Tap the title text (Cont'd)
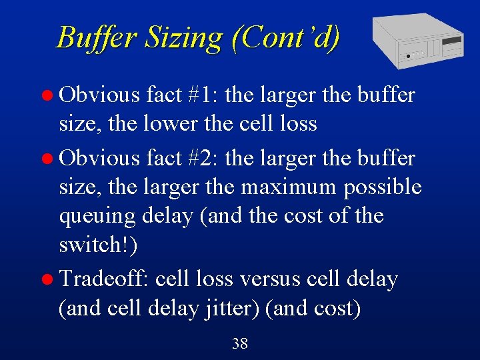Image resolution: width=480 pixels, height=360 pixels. [x=285, y=37]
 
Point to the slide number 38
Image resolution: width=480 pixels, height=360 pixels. [x=239, y=344]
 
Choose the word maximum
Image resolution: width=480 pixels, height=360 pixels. [x=289, y=187]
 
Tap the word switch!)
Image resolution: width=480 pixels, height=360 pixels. [x=98, y=245]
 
